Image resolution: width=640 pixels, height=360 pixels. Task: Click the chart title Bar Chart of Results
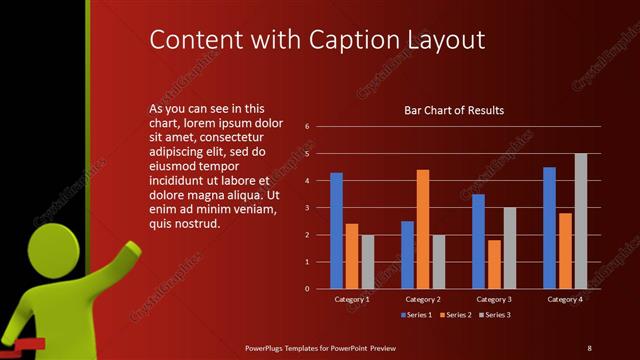[453, 110]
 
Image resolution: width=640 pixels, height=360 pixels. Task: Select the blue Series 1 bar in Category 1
[336, 231]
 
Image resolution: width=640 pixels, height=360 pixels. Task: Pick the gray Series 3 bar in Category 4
[581, 221]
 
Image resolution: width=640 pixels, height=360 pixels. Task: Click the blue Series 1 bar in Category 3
[478, 241]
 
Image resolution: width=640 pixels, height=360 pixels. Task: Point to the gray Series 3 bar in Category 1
[367, 262]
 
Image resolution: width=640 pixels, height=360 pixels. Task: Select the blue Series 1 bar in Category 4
[549, 228]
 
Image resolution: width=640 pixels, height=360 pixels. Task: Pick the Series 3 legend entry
[495, 316]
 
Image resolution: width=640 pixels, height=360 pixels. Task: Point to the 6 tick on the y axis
[308, 126]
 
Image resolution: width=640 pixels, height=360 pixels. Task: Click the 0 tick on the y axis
[308, 289]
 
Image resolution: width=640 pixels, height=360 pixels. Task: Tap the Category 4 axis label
[565, 299]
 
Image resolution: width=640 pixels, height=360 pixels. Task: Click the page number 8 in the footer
[589, 347]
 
